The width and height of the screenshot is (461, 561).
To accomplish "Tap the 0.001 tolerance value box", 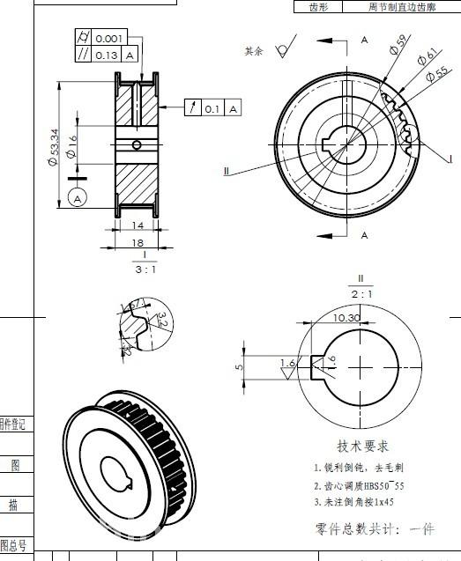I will [x=109, y=38].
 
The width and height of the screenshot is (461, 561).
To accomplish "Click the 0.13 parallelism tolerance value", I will [x=106, y=55].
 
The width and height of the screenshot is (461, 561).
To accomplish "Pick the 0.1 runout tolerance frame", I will [x=212, y=108].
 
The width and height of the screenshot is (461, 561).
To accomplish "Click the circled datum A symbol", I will [x=77, y=198].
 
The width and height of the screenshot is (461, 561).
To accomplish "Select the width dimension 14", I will [x=137, y=226].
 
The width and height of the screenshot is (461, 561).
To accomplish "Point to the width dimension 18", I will [x=137, y=241].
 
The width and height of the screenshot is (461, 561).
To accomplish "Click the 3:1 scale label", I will [x=145, y=270].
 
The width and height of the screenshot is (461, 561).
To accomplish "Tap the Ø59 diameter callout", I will [x=397, y=46].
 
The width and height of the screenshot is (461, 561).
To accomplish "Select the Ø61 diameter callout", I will [x=426, y=56].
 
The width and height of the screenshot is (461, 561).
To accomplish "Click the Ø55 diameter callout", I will [x=435, y=74].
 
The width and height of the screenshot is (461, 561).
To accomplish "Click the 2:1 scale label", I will [x=361, y=293].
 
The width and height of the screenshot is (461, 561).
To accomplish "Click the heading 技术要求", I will [x=362, y=447].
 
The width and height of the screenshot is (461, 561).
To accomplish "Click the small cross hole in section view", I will [x=137, y=145].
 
